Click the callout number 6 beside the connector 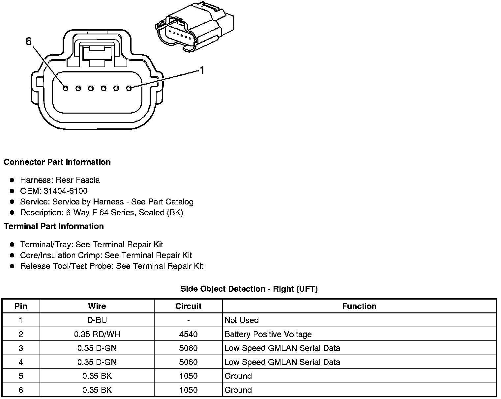(x=29, y=41)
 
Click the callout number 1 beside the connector (x=202, y=70)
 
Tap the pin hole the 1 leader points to (x=129, y=88)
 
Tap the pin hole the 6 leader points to (x=65, y=88)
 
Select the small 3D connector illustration (x=194, y=28)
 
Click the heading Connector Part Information (x=57, y=162)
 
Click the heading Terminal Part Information (x=54, y=226)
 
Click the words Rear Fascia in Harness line (x=77, y=180)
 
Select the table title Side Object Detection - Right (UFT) (x=249, y=289)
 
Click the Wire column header (x=97, y=306)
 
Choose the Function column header (x=359, y=306)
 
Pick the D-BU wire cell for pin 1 (x=97, y=320)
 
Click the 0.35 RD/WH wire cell (x=97, y=334)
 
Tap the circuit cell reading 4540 (x=188, y=334)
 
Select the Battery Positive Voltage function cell (x=268, y=334)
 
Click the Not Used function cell (x=242, y=320)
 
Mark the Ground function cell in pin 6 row (x=238, y=390)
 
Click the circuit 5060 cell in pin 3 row (x=188, y=348)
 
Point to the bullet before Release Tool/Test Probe (x=12, y=266)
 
